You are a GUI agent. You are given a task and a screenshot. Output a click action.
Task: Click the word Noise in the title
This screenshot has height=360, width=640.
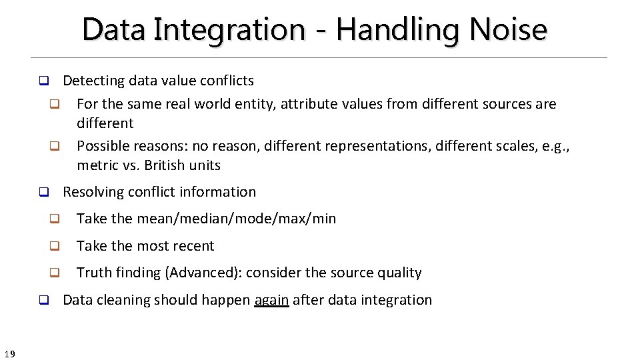pyautogui.click(x=508, y=29)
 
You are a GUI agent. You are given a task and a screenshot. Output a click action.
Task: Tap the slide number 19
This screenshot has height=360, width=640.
pyautogui.click(x=9, y=354)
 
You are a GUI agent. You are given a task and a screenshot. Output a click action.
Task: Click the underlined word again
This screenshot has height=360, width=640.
pyautogui.click(x=271, y=300)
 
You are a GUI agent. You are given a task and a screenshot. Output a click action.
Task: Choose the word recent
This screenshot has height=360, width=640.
pyautogui.click(x=193, y=246)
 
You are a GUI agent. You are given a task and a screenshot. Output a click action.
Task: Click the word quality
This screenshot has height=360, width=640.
pyautogui.click(x=399, y=273)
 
